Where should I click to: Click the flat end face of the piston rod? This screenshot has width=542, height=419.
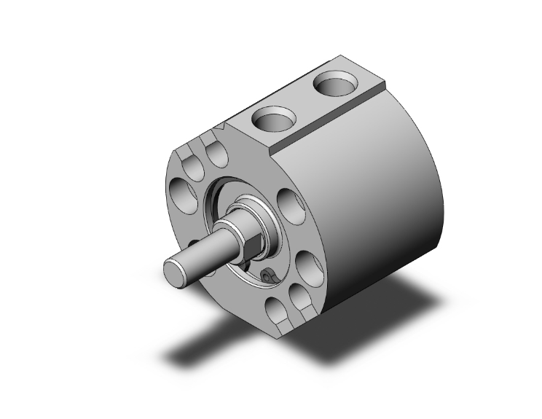click(175, 273)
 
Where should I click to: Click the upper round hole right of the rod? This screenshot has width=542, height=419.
click(291, 207)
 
